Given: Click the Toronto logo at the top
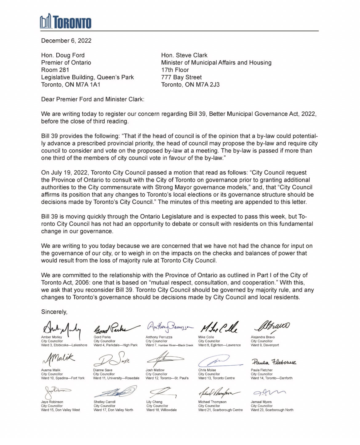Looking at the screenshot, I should point(66,22).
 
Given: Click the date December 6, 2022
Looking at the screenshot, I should point(66,41).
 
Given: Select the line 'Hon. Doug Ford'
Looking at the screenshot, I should point(63,55).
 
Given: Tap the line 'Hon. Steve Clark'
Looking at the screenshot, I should point(184,55).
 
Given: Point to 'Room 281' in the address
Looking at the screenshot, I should point(55,70).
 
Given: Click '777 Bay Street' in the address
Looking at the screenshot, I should point(182,77).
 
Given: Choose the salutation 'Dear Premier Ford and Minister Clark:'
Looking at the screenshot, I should point(93,99).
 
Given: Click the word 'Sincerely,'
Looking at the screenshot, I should point(54,312).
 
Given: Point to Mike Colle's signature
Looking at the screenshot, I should point(219,328).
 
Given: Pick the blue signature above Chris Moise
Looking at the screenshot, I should point(217,360).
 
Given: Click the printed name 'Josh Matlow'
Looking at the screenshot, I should point(155,370).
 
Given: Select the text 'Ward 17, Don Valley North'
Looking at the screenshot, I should point(113,410).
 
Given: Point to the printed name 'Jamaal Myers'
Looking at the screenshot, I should point(261,402).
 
